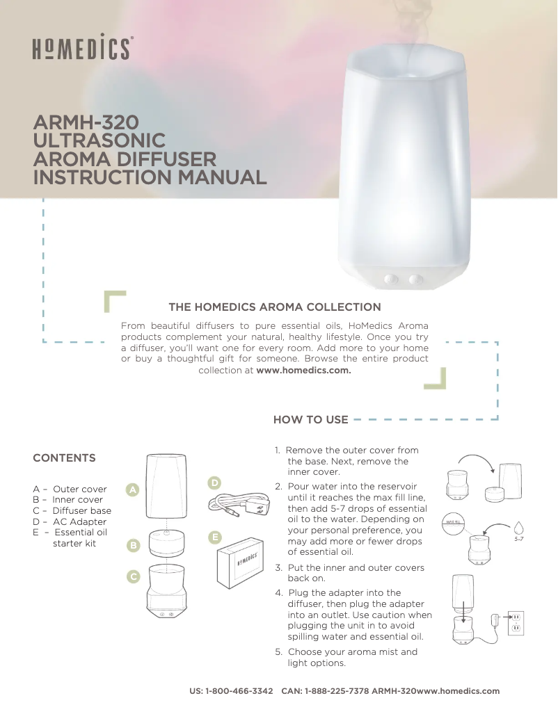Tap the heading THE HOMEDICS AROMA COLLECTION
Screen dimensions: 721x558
click(275, 307)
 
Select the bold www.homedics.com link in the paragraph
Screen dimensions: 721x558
click(304, 370)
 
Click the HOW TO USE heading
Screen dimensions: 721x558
click(310, 420)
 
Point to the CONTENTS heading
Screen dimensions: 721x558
click(65, 458)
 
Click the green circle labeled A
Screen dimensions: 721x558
click(133, 490)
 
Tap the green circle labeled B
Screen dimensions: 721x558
click(133, 545)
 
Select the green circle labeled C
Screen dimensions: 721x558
click(133, 576)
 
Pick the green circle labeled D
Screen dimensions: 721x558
click(215, 483)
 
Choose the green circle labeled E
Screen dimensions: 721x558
click(215, 537)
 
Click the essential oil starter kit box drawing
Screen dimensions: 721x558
click(240, 564)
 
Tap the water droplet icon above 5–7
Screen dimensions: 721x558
click(518, 526)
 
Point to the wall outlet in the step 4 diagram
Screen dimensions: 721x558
click(516, 622)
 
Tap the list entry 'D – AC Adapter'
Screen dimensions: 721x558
click(70, 521)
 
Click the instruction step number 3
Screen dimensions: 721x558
click(278, 568)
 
